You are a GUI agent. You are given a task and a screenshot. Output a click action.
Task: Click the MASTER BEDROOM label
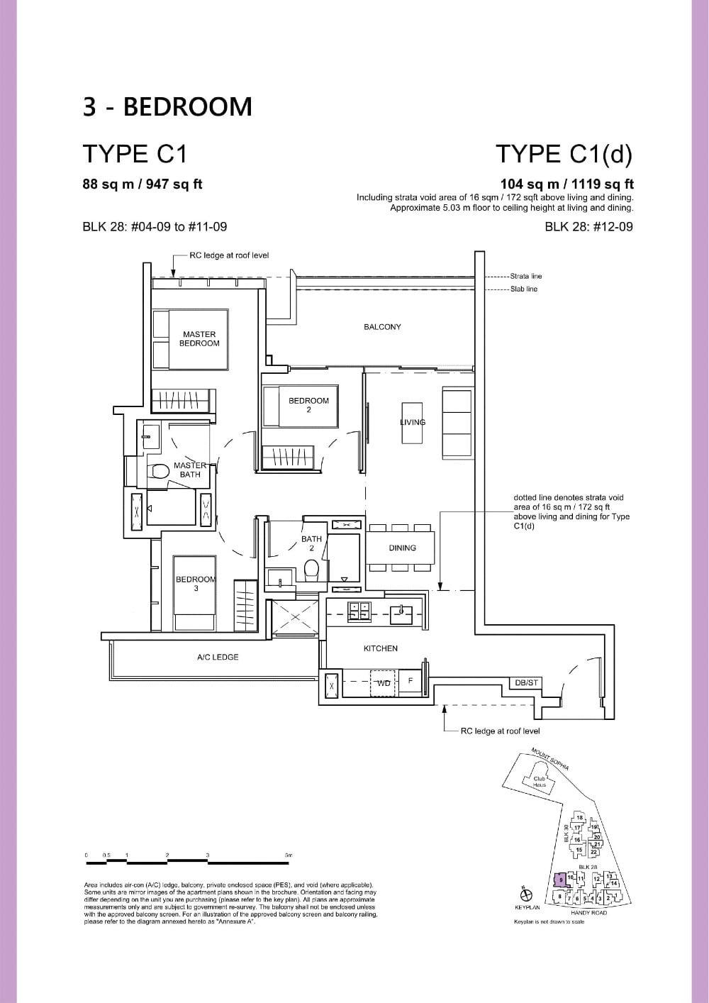(199, 339)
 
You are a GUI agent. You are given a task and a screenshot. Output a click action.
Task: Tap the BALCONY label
(382, 327)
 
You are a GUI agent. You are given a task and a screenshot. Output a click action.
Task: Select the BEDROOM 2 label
(308, 404)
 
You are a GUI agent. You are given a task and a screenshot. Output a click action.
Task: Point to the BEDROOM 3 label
(195, 583)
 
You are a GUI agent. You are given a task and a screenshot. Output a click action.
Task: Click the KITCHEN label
(381, 648)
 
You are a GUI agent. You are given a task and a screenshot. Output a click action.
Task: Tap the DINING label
(402, 548)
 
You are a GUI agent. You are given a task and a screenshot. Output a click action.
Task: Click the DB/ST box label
(527, 682)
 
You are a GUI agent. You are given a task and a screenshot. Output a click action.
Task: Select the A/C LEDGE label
(218, 658)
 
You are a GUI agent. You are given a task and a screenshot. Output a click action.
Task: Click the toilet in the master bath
(160, 470)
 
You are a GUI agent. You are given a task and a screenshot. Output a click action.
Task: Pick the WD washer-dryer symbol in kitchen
(384, 683)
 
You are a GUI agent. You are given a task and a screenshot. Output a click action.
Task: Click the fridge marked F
(410, 681)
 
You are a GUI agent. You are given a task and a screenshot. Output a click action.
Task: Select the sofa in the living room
(457, 422)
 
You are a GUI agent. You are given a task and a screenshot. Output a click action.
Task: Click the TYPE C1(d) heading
(564, 154)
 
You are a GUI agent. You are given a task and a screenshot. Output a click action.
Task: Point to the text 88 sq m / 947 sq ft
(143, 184)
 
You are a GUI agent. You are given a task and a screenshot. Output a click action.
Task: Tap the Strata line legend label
(525, 276)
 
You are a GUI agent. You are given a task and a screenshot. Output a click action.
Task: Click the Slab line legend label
(524, 289)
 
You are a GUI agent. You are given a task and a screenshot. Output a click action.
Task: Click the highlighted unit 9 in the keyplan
(560, 880)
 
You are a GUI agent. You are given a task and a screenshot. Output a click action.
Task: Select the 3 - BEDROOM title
(167, 106)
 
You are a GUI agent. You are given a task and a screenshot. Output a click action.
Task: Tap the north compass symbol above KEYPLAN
(523, 891)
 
